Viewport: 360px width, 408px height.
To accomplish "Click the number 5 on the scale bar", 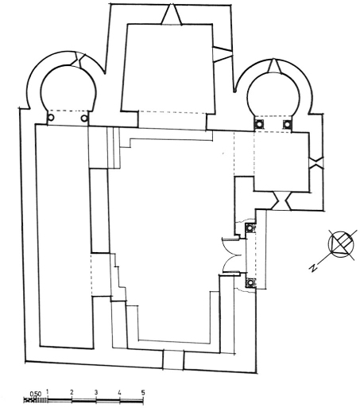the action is (x=143, y=392).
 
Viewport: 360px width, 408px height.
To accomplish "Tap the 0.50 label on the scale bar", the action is (x=36, y=394).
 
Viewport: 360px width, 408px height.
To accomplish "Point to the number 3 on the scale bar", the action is (x=96, y=392).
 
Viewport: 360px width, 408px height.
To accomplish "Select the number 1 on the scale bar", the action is (x=47, y=391).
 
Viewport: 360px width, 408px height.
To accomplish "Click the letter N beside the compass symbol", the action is (x=313, y=268).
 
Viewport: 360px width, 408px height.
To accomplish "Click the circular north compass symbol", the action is (x=341, y=244).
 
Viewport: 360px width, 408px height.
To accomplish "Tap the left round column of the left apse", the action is (x=51, y=117).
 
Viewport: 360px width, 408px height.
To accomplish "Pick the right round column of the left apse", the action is (x=84, y=118).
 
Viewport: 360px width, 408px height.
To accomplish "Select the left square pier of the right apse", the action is (x=258, y=124).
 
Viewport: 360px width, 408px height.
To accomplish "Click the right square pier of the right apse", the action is (x=287, y=124).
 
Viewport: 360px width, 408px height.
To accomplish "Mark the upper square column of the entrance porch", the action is (x=250, y=227).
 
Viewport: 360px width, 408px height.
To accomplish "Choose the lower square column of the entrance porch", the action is (x=250, y=282).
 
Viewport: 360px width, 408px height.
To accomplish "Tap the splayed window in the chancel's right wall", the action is (x=223, y=54).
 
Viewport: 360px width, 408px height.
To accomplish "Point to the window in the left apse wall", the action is (x=78, y=60).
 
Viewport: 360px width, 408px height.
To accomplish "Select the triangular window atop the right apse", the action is (x=274, y=66).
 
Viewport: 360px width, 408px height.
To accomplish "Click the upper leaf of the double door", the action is (x=230, y=245).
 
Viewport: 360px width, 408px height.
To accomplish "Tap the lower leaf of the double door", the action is (x=230, y=263).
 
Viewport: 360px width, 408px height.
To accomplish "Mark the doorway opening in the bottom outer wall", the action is (x=173, y=359).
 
